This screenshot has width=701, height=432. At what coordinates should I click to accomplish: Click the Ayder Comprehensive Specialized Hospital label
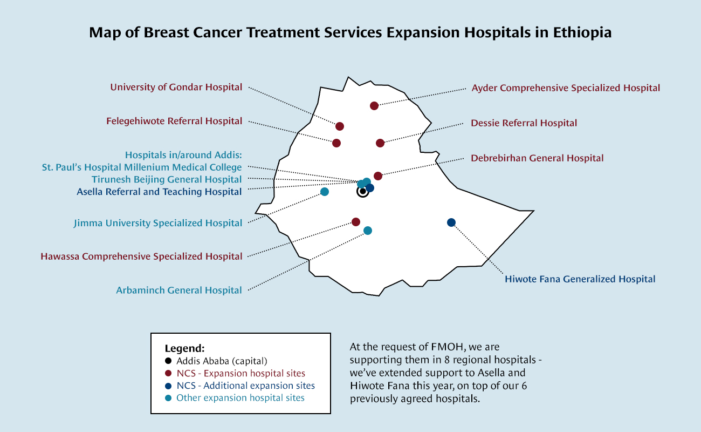pyautogui.click(x=566, y=88)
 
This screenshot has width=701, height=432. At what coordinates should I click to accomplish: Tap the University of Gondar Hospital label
pyautogui.click(x=176, y=87)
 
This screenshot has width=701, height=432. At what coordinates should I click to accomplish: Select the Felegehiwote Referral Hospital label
pyautogui.click(x=174, y=121)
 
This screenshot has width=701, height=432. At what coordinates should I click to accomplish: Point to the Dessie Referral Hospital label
pyautogui.click(x=524, y=123)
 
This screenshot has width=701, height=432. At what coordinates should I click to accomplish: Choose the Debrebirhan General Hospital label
pyautogui.click(x=537, y=158)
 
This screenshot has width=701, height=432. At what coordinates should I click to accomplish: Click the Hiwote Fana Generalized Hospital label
pyautogui.click(x=580, y=279)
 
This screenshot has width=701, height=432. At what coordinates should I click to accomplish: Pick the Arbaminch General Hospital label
pyautogui.click(x=179, y=291)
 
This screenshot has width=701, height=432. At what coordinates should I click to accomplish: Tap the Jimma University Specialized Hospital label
pyautogui.click(x=158, y=223)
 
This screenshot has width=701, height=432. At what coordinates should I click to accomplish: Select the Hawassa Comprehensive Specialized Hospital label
pyautogui.click(x=141, y=256)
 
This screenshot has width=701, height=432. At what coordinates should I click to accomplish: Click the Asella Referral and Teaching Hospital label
pyautogui.click(x=159, y=192)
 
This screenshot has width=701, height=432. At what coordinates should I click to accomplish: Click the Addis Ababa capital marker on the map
pyautogui.click(x=363, y=191)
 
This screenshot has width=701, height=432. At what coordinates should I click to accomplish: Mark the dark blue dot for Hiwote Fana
pyautogui.click(x=451, y=222)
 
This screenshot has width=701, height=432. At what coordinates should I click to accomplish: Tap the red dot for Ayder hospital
pyautogui.click(x=374, y=106)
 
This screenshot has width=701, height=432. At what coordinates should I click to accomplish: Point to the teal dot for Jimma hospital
pyautogui.click(x=325, y=192)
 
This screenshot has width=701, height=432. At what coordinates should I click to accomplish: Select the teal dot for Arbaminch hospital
pyautogui.click(x=368, y=231)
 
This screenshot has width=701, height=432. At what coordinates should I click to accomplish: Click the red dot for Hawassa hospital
pyautogui.click(x=356, y=222)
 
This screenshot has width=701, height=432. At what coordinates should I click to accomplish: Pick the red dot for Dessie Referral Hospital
pyautogui.click(x=380, y=143)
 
